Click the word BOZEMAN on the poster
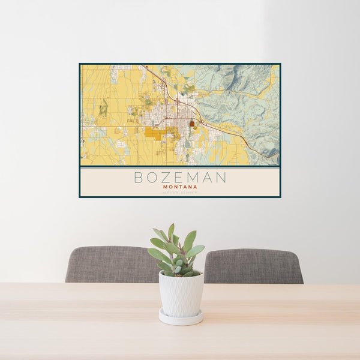pos(180,178)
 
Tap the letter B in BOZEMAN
pos(139,178)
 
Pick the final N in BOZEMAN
pos(221,178)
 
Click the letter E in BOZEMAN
pos(179,178)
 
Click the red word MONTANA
pos(180,187)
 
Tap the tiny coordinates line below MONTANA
pos(180,192)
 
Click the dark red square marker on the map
pos(192,124)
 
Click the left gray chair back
pos(111,264)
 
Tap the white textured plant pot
pos(181,294)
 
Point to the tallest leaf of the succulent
pos(171,232)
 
